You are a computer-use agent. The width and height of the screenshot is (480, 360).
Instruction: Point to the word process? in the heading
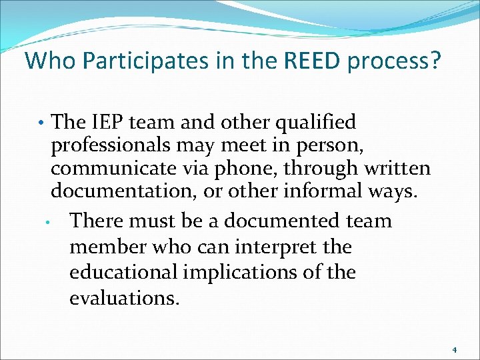pyautogui.click(x=397, y=61)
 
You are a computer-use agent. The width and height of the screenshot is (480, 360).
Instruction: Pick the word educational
pyautogui.click(x=124, y=273)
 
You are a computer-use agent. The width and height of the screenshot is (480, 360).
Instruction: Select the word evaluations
pyautogui.click(x=123, y=298)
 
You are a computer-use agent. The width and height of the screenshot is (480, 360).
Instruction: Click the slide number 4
pyautogui.click(x=455, y=349)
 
